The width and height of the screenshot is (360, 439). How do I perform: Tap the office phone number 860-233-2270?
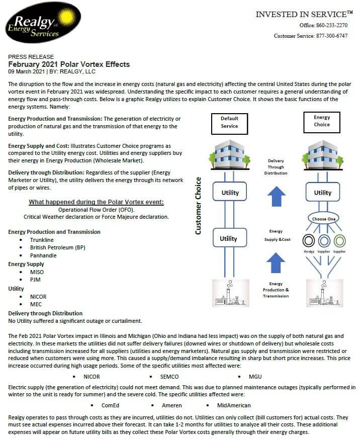[331, 25]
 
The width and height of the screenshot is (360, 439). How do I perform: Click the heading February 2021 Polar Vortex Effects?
[69, 64]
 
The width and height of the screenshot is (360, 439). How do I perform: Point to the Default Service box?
[229, 122]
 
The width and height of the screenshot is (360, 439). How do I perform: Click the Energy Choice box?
[322, 121]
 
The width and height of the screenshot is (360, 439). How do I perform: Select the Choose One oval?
[323, 219]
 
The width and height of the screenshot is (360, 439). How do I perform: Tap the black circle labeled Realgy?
[308, 240]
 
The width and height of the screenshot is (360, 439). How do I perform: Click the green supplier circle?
[339, 240]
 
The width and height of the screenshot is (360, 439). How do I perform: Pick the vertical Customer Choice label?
[198, 205]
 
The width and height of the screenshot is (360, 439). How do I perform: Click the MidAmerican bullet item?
[234, 405]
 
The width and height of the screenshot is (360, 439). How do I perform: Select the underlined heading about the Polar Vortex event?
[96, 202]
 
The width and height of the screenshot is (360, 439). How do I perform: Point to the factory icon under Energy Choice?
[322, 293]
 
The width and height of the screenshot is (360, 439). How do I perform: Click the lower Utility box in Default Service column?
[229, 238]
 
